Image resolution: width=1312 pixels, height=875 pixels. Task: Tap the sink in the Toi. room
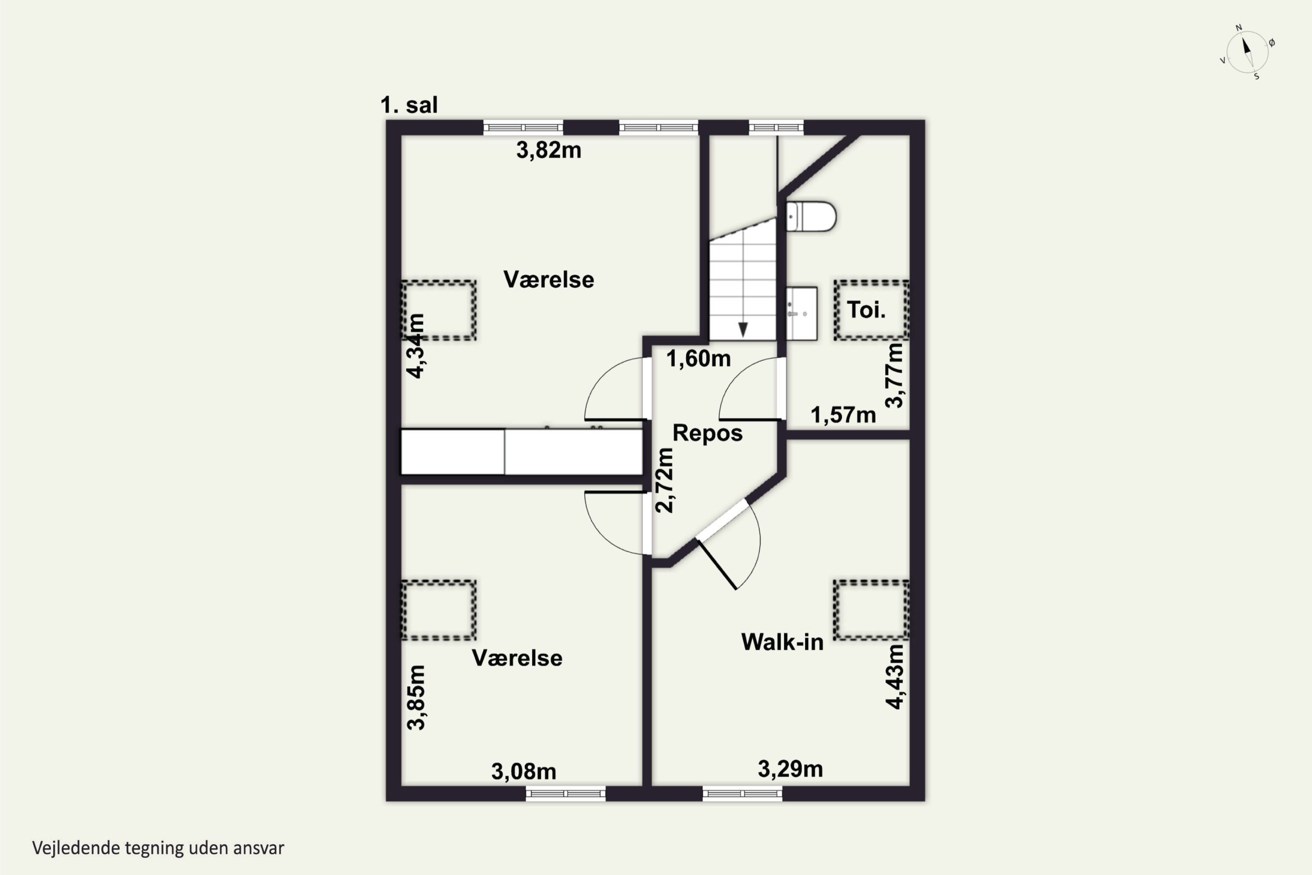point(802,314)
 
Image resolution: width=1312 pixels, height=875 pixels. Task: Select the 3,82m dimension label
point(549,150)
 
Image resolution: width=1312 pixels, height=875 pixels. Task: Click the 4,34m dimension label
point(415,346)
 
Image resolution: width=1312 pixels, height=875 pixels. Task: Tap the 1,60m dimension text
point(698,359)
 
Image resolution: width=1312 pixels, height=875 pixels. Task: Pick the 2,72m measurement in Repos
point(664,480)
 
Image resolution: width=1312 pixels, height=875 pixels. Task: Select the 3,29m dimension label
point(790,770)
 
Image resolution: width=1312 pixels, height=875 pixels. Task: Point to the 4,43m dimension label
point(895,677)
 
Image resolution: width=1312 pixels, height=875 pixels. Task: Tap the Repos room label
point(707,434)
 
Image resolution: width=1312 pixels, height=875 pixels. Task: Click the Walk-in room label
point(782,642)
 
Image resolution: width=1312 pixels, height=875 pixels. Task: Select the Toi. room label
point(866,310)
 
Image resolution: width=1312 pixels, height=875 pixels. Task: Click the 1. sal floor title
point(409,105)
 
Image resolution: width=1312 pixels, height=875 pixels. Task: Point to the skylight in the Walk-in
point(871,610)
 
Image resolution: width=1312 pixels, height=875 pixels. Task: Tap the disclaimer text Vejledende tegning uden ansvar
point(158,848)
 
